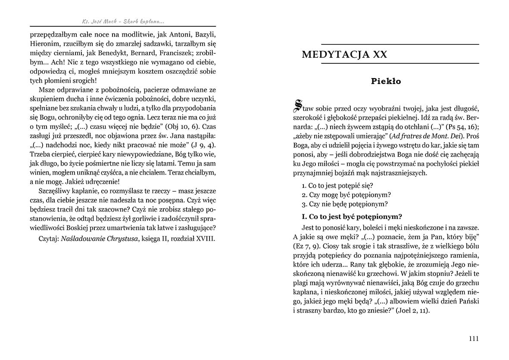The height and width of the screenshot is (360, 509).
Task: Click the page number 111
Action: pyautogui.click(x=473, y=338)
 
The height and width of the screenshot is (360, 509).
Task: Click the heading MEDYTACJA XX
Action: pyautogui.click(x=344, y=55)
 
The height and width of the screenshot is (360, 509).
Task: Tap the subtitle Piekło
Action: pyautogui.click(x=386, y=81)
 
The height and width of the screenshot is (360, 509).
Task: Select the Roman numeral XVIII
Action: pyautogui.click(x=203, y=238)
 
